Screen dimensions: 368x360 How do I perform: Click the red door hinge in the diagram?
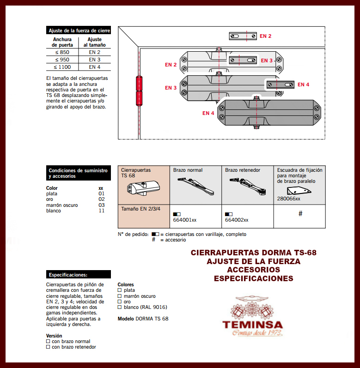point(139,90)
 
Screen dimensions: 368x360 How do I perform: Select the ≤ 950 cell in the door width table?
point(62,60)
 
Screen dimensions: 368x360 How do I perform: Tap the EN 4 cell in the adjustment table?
point(95,67)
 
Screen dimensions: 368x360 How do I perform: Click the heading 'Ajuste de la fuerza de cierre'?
point(79,30)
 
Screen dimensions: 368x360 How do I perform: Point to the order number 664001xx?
point(185,220)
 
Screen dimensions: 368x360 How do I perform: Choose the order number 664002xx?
point(237,220)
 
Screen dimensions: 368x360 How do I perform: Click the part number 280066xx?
point(289,199)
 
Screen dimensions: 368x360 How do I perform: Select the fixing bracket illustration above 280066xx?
point(300,190)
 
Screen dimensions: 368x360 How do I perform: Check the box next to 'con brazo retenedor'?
point(48,347)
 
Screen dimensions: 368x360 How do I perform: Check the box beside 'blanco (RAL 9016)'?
point(120,307)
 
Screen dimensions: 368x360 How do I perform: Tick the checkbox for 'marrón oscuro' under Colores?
point(120,296)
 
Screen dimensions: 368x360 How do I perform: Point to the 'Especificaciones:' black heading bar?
point(79,274)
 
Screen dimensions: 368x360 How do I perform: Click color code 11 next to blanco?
point(101,211)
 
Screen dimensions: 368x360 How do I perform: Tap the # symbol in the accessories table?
point(300,213)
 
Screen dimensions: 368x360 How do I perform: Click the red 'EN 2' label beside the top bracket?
point(265,36)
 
